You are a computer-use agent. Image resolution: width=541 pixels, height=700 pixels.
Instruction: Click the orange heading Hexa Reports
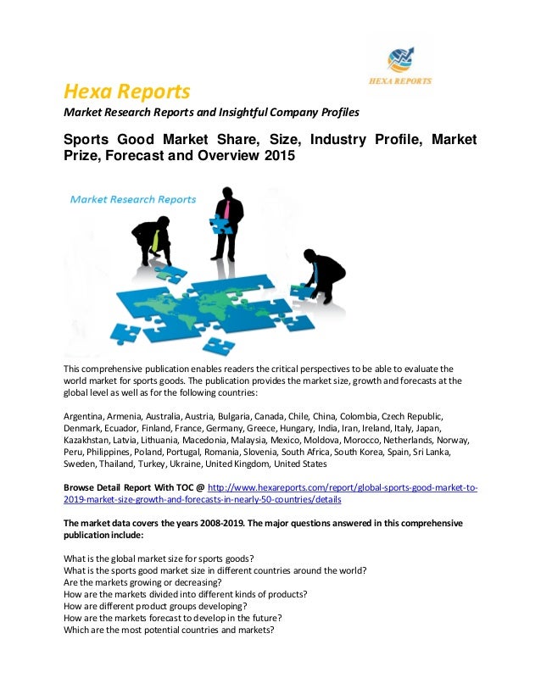[127, 91]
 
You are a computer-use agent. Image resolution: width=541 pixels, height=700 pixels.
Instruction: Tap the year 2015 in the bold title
[278, 158]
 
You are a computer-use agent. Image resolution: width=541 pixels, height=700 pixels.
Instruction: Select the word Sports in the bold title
[92, 140]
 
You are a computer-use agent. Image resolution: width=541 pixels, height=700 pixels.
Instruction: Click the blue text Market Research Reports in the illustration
[133, 200]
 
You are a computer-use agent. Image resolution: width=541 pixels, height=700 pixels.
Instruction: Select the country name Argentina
[83, 418]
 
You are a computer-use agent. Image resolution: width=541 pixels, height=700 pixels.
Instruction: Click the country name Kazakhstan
[88, 441]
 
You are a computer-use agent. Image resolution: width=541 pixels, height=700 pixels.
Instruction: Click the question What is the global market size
[159, 558]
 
